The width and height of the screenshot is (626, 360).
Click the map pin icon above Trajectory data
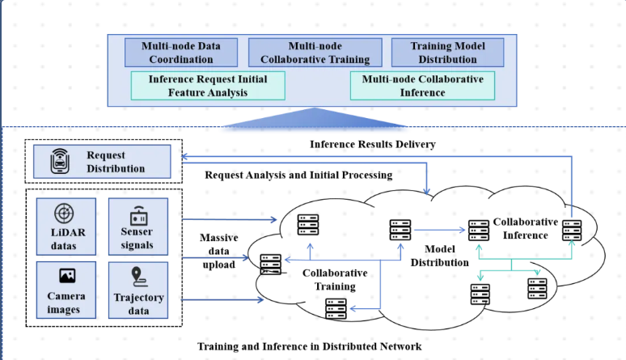[x=139, y=276]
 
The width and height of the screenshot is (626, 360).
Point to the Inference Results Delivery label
[x=373, y=144]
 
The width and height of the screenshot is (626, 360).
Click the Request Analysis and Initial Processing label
[x=298, y=175]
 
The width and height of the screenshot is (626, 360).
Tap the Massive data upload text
[x=217, y=250]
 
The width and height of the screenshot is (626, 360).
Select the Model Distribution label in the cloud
[x=439, y=256]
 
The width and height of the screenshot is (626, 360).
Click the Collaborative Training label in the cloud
[x=335, y=279]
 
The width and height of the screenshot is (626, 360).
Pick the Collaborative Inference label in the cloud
[x=525, y=228]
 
